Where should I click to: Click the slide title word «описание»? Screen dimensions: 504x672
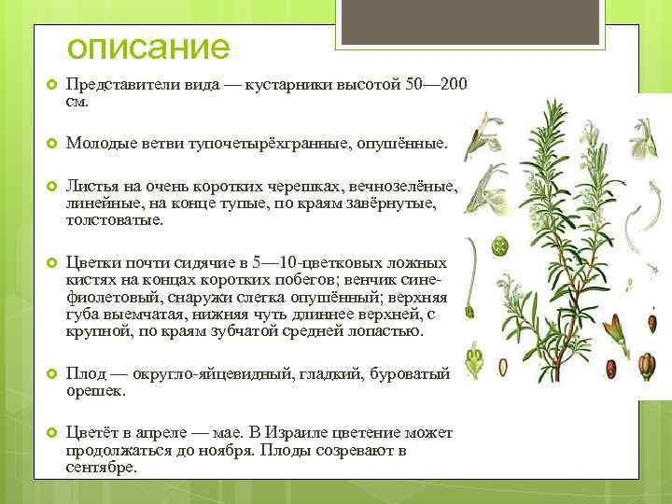tap(147, 46)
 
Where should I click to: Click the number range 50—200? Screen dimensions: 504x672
tap(437, 85)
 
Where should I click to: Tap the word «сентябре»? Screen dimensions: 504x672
tap(100, 467)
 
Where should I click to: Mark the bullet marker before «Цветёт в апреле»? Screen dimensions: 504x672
tap(51, 433)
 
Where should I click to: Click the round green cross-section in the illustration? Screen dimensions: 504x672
tap(499, 248)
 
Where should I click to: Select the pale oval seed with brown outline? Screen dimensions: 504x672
tap(505, 368)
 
